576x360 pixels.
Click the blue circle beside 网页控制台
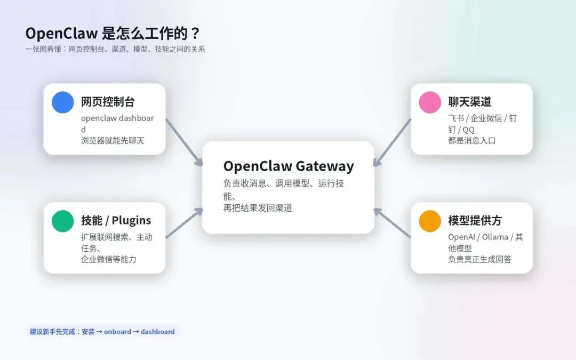62,102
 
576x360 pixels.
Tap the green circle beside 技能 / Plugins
62,221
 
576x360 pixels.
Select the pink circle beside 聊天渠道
430,102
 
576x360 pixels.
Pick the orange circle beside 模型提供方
430,221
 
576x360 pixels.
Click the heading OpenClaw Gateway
288,166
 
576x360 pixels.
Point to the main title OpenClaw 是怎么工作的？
113,34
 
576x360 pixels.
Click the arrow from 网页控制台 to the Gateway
184,142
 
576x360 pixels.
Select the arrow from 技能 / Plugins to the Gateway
184,223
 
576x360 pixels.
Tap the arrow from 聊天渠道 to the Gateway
392,142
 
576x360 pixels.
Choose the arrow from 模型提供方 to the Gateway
392,223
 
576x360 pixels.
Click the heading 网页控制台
108,102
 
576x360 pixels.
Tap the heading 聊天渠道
469,102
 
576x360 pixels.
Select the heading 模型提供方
475,220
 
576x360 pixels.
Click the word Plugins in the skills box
131,220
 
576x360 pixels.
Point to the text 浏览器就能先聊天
113,141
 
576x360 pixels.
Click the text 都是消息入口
472,141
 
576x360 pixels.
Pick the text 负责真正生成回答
480,260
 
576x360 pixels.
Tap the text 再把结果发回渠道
258,208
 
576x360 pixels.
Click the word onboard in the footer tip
117,332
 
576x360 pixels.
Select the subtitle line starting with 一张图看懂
115,50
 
